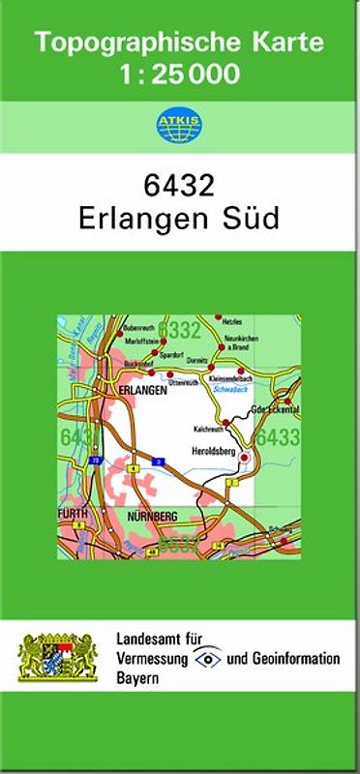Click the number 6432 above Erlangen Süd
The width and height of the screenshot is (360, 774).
coord(179,184)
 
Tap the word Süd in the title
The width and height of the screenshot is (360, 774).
coord(255,217)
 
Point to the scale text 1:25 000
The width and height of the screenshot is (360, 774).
coord(179,73)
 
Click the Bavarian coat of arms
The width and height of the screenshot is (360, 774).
coord(59,659)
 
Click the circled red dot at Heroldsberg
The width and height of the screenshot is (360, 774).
coord(245,457)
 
